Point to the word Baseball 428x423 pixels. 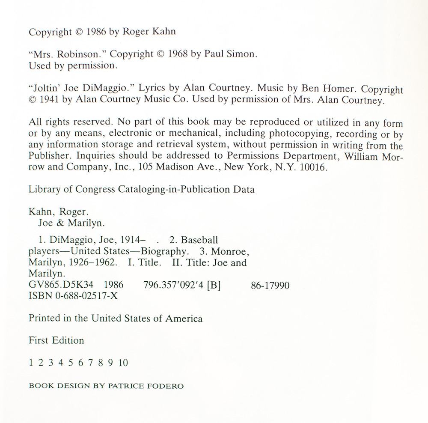(199, 241)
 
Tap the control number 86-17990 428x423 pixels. (270, 285)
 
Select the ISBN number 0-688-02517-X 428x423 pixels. (86, 296)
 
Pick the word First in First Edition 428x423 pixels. (39, 340)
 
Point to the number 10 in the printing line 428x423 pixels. (123, 363)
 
